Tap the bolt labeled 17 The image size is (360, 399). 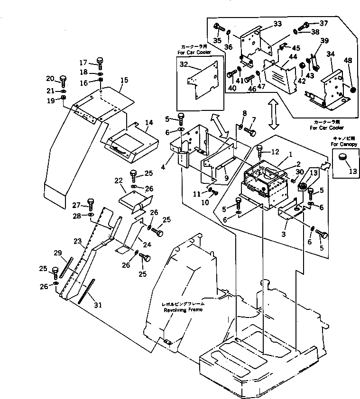coord(100,61)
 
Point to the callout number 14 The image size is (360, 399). coord(148,123)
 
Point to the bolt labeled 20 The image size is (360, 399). coord(62,78)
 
